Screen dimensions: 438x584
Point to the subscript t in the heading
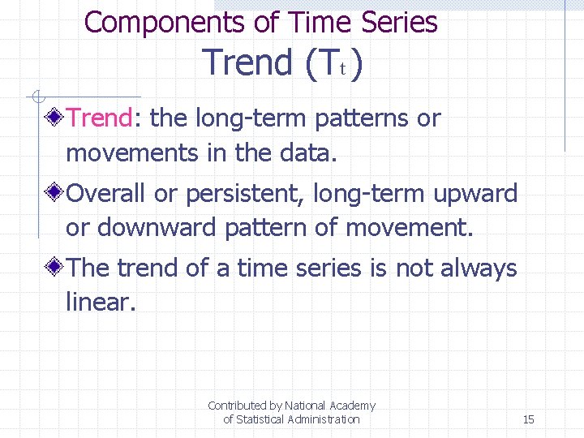tap(342, 70)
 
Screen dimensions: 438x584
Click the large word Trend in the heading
tap(247, 62)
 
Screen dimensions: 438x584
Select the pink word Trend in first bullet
tap(99, 118)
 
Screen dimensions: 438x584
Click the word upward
tap(474, 194)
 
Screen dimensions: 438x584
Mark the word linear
tap(98, 303)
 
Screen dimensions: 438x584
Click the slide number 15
tap(528, 419)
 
